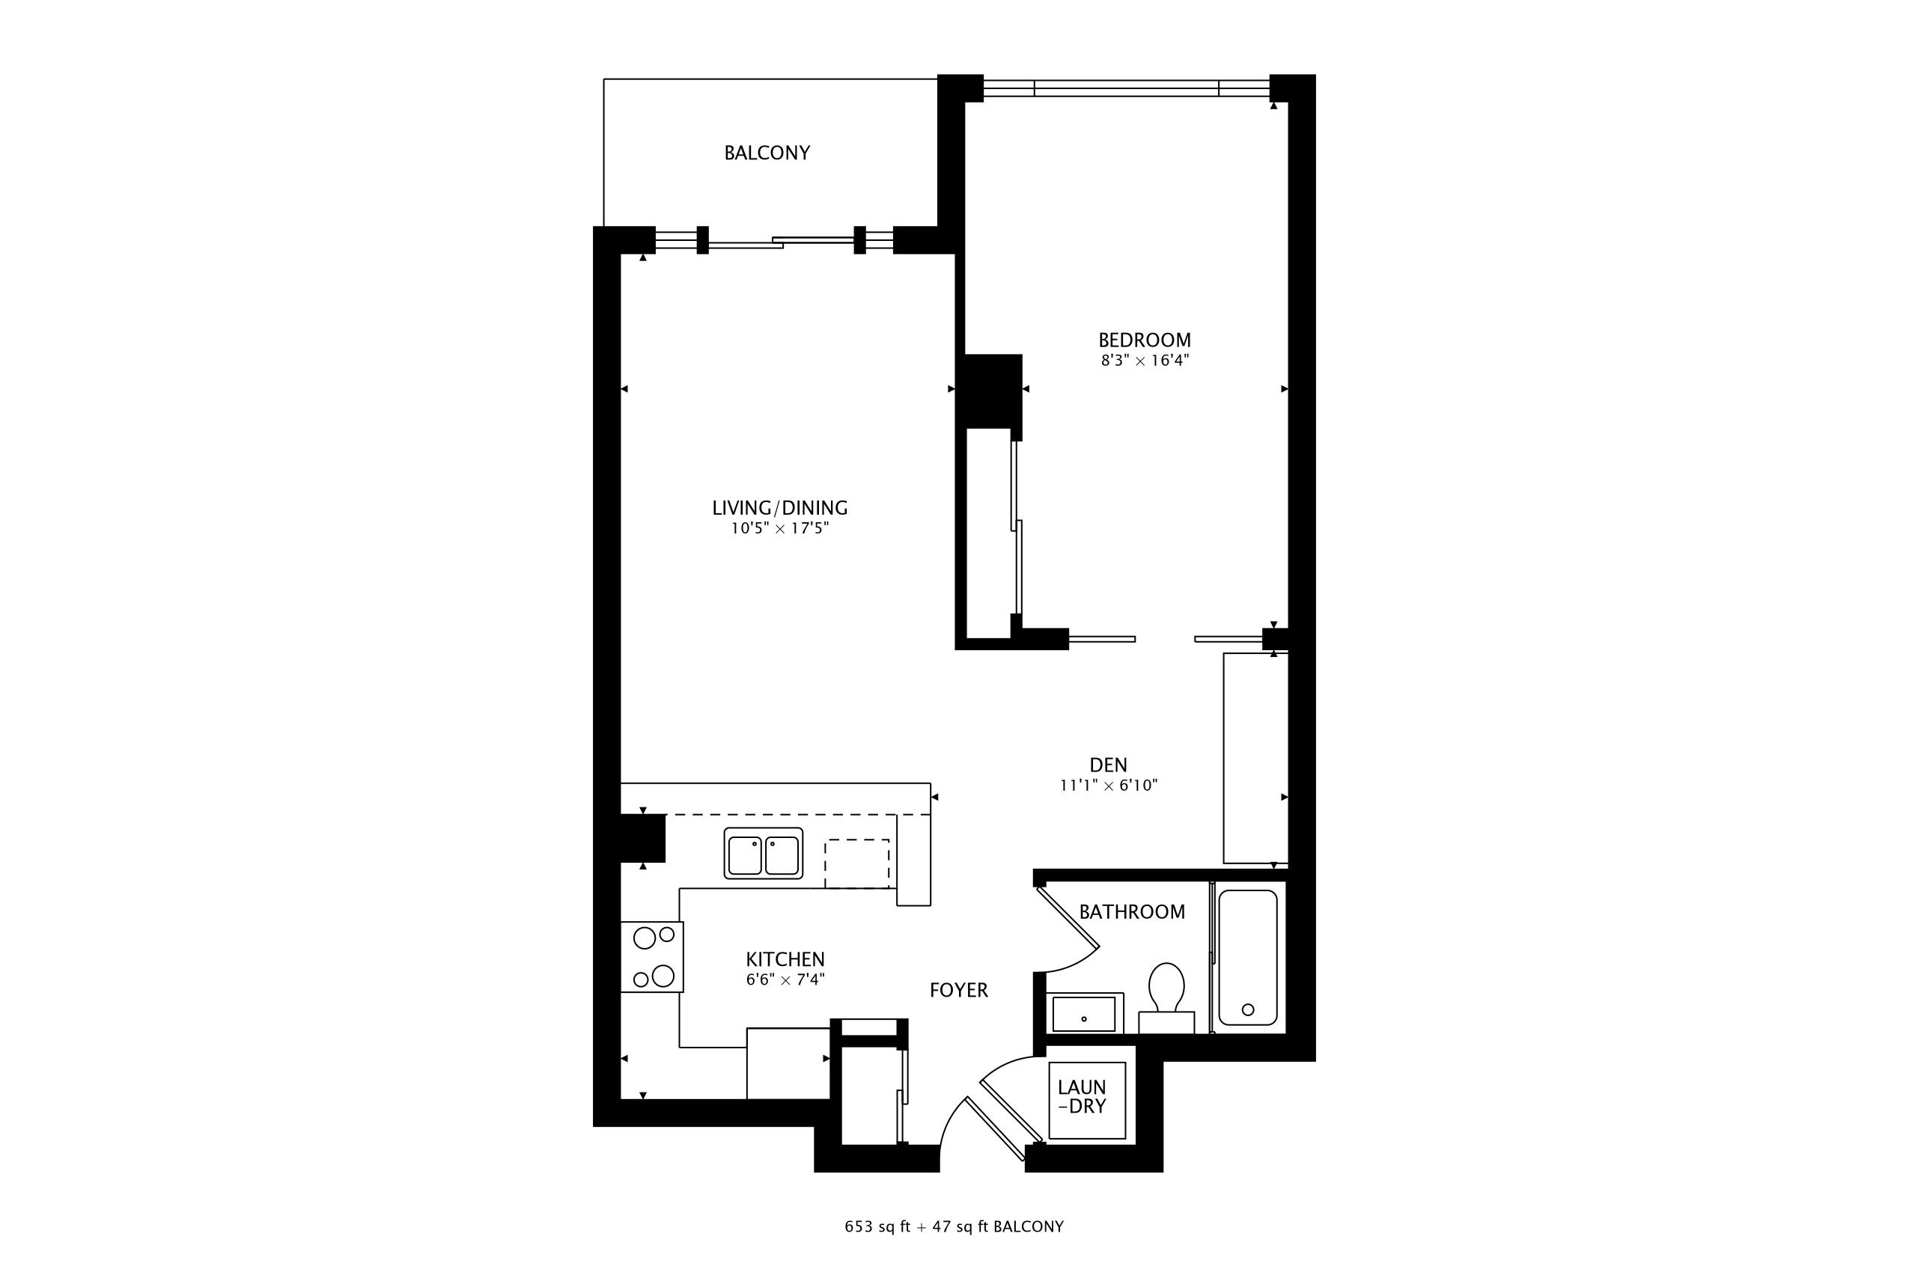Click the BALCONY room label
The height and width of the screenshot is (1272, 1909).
pos(767,153)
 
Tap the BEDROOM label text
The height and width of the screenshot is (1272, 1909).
pos(1145,340)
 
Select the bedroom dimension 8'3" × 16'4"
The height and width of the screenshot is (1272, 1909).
pos(1145,361)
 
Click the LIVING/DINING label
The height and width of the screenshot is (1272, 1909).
pos(780,509)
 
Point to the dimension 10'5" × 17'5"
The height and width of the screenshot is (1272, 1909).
pos(780,529)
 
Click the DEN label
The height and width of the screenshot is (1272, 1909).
pos(1109,765)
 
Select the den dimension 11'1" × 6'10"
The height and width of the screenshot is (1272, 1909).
pos(1109,785)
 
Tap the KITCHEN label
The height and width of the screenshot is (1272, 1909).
pos(785,960)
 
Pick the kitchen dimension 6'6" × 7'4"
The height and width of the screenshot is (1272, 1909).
pos(785,980)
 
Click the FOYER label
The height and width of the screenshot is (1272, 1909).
pos(958,991)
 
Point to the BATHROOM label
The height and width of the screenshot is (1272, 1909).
pos(1132,913)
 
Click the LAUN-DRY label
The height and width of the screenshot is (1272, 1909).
pos(1082,1097)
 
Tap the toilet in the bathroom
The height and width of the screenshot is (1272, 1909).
pos(1166,999)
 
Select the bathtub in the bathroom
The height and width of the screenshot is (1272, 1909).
pos(1248,958)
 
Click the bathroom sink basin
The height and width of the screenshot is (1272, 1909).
pos(1084,1014)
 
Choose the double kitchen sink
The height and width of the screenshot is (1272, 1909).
pos(764,854)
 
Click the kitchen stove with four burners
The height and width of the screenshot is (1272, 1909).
pos(652,957)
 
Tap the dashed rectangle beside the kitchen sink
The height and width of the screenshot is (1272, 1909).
pos(857,864)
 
